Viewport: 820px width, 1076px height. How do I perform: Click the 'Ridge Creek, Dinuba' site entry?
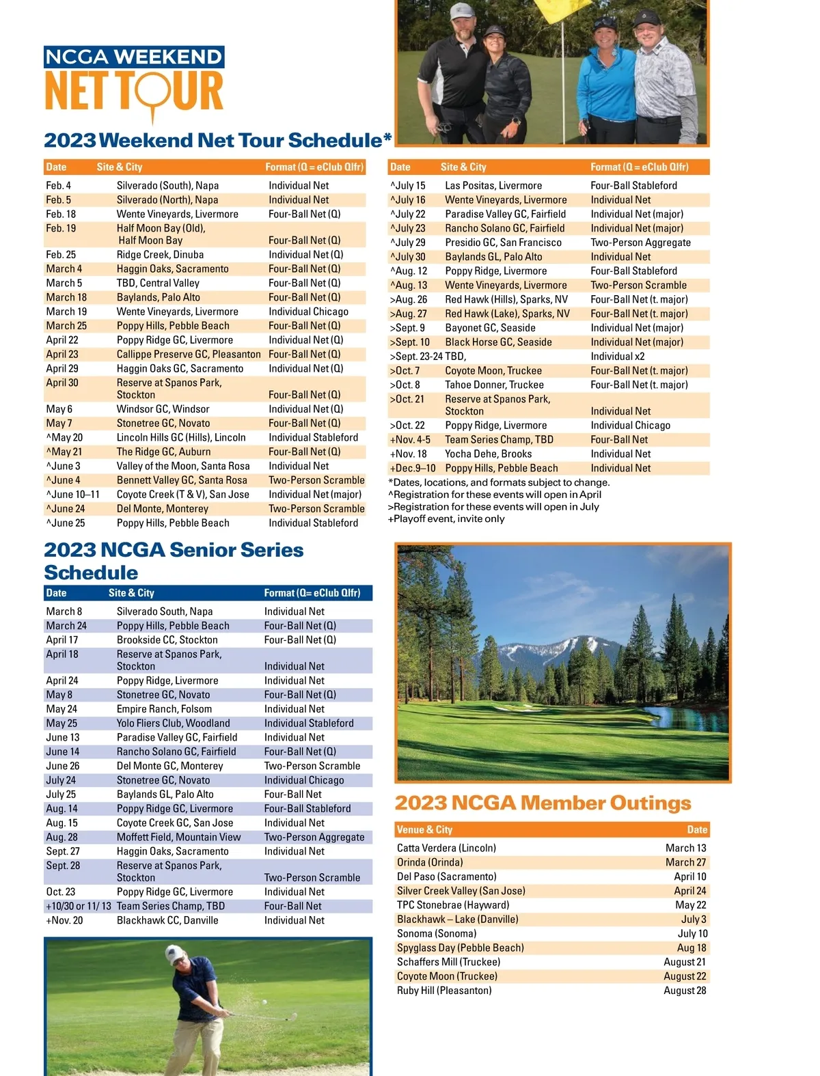pos(160,255)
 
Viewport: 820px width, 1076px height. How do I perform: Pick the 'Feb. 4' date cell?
pos(58,186)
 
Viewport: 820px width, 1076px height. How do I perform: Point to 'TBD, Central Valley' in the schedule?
pos(158,283)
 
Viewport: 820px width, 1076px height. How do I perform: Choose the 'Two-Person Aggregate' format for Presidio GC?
pos(640,243)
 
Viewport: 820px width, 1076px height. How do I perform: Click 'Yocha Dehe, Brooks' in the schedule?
pos(488,454)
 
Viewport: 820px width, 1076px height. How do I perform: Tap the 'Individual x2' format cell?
pos(617,357)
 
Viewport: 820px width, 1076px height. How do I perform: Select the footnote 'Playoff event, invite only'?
pos(448,519)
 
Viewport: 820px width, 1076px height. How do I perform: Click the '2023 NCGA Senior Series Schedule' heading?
pos(174,561)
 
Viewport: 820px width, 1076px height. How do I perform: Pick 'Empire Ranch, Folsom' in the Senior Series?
pos(164,709)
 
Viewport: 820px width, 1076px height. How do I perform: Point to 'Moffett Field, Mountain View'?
pos(178,838)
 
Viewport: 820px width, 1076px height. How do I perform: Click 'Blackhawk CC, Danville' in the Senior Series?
pos(167,921)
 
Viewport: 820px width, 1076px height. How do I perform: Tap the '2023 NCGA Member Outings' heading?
pos(543,803)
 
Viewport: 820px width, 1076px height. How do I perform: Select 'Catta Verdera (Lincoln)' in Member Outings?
pos(446,849)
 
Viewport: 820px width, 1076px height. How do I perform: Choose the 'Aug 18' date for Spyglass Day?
pos(692,948)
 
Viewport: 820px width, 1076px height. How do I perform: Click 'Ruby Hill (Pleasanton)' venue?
pos(444,991)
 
